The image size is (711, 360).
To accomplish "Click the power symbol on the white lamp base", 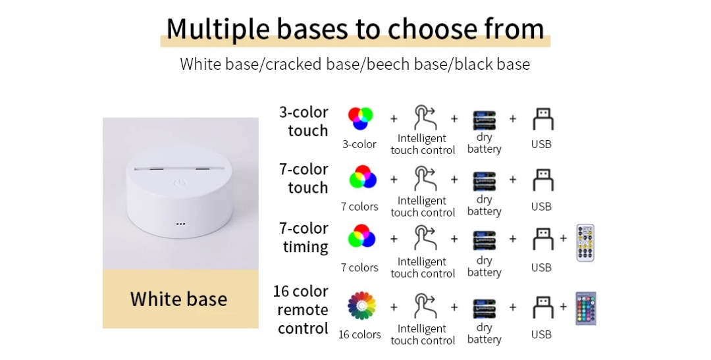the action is pyautogui.click(x=180, y=184).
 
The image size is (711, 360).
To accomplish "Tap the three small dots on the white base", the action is pyautogui.click(x=180, y=224).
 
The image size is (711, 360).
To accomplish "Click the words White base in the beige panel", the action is pyautogui.click(x=178, y=299).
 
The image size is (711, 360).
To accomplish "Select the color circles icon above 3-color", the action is pyautogui.click(x=361, y=118).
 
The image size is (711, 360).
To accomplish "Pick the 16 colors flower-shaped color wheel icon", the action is pyautogui.click(x=361, y=305).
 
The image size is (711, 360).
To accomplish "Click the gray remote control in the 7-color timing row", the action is pyautogui.click(x=585, y=243).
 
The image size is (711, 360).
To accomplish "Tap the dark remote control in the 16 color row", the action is pyautogui.click(x=586, y=309).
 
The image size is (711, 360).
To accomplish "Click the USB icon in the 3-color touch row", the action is pyautogui.click(x=542, y=119).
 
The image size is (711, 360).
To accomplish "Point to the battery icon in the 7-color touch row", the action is pyautogui.click(x=485, y=182).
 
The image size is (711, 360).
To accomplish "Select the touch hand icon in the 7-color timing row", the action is pyautogui.click(x=425, y=238).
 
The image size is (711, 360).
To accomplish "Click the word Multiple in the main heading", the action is pyautogui.click(x=218, y=29).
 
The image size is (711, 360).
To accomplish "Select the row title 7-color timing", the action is pyautogui.click(x=303, y=238).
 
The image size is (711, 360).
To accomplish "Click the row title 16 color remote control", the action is pyautogui.click(x=301, y=310).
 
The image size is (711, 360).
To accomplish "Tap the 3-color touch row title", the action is pyautogui.click(x=303, y=122).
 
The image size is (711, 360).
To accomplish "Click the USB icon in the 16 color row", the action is pyautogui.click(x=542, y=307).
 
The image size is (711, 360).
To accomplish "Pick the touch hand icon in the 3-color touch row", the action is pyautogui.click(x=425, y=117).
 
